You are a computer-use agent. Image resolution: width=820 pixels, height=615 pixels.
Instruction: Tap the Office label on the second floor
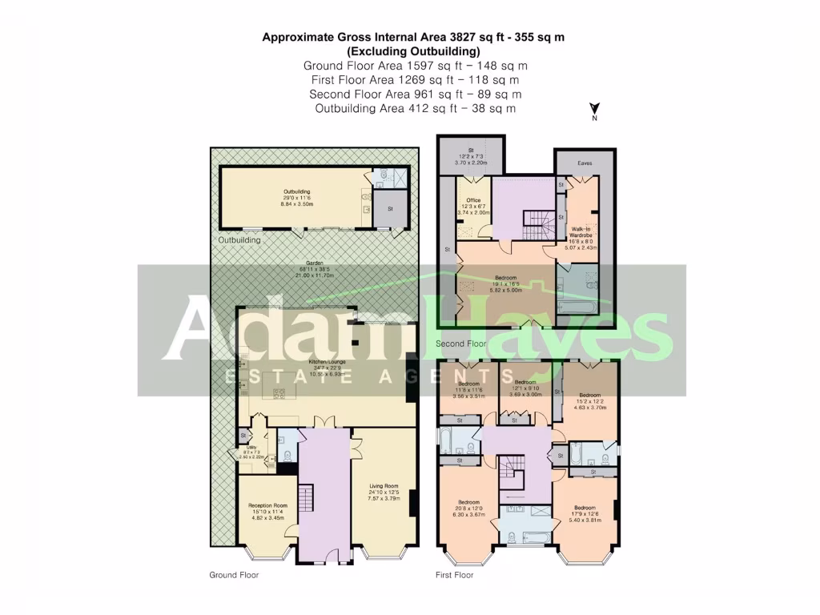(x=472, y=200)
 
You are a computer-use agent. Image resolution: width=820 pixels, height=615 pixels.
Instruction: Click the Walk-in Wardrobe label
(x=581, y=228)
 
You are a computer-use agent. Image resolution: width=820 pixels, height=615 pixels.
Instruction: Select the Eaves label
(x=585, y=163)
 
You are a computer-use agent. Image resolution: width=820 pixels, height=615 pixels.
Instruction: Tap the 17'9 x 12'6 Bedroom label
(x=585, y=508)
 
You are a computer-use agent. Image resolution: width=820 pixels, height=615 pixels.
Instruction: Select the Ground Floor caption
(x=234, y=575)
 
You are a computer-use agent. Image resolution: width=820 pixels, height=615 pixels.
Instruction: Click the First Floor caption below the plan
(x=454, y=575)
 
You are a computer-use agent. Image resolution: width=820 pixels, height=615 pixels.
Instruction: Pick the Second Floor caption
(x=460, y=344)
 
